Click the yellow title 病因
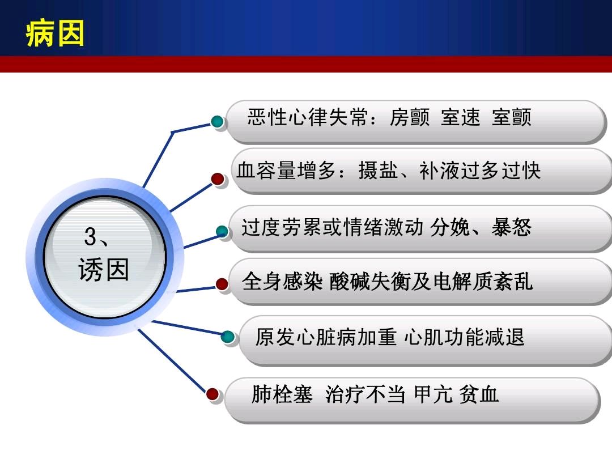[x=55, y=33]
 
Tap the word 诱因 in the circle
[x=104, y=269]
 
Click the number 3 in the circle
[x=90, y=236]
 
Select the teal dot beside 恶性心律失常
[x=218, y=121]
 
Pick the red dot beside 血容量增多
[x=218, y=179]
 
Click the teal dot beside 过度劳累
[x=222, y=231]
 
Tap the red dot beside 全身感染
[x=222, y=284]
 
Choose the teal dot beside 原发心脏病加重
[x=228, y=337]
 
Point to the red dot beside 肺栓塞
[x=212, y=394]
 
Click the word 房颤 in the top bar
[x=410, y=117]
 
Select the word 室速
[x=461, y=117]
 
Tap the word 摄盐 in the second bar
[x=378, y=171]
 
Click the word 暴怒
[x=511, y=228]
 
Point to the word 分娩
[x=450, y=228]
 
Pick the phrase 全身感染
[x=282, y=282]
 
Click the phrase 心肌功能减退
[x=464, y=337]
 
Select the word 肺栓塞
[x=282, y=394]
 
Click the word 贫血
[x=478, y=394]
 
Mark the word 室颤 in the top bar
[x=511, y=117]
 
